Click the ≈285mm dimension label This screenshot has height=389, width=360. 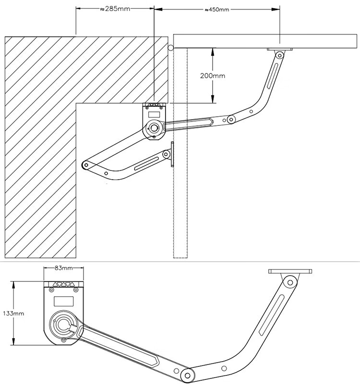[x=115, y=9]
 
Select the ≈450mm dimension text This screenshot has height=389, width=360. [x=216, y=10]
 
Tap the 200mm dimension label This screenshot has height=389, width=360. [x=213, y=75]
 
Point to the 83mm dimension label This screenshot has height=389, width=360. [x=63, y=268]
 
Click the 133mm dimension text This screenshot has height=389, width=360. [x=13, y=313]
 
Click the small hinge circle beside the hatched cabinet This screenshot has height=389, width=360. [x=170, y=48]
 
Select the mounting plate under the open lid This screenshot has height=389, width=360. [x=280, y=49]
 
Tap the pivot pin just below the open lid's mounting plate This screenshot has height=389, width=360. [x=279, y=55]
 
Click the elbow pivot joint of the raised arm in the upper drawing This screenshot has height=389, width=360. [x=231, y=119]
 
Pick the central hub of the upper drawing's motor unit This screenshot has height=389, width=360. [x=154, y=128]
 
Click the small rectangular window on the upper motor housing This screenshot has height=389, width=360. [x=154, y=115]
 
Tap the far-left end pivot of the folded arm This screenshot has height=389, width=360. [x=86, y=164]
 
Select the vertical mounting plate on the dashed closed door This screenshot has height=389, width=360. [x=172, y=154]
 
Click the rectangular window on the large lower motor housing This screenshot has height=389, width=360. [x=64, y=301]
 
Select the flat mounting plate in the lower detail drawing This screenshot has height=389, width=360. [x=290, y=271]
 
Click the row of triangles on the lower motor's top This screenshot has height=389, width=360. [x=64, y=285]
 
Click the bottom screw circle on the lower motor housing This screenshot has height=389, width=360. [x=63, y=340]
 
